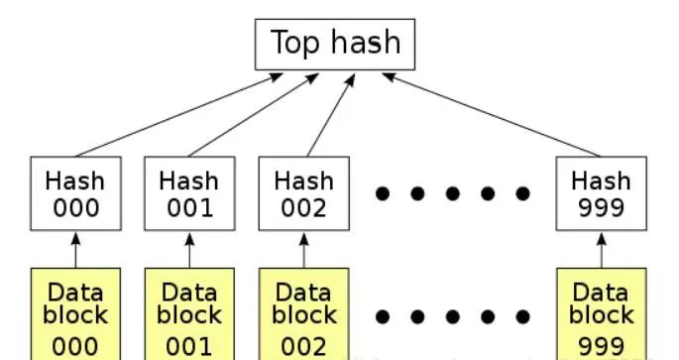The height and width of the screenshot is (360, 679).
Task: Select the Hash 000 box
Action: tap(75, 194)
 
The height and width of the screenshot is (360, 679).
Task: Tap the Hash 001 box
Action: tap(189, 194)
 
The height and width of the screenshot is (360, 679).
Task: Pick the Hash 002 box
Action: tap(303, 194)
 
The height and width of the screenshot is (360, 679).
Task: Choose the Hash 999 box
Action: tap(602, 194)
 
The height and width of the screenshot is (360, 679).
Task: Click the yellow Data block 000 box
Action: tap(75, 315)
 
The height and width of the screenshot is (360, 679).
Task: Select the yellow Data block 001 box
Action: tap(189, 315)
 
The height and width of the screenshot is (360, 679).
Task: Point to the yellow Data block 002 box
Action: tap(303, 315)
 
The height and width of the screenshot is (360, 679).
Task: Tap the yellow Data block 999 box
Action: tap(602, 315)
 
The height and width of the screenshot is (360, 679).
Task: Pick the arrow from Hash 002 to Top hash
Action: tap(328, 114)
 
